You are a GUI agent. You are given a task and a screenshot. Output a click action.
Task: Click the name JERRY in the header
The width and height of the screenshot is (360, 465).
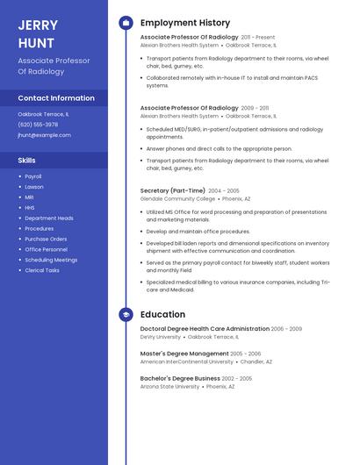point(38,25)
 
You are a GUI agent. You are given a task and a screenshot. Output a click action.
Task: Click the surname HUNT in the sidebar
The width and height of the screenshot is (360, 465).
point(36,43)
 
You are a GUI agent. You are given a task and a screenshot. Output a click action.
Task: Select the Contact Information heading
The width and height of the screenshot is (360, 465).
point(56,98)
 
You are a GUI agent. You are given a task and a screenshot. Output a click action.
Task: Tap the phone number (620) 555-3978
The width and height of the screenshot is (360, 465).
point(38,125)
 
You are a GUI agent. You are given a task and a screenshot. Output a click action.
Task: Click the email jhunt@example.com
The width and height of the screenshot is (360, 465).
point(44,135)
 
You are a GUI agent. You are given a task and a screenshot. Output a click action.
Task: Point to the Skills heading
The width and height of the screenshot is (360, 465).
point(27,161)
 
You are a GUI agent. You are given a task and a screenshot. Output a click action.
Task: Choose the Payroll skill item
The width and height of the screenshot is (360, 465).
point(33,176)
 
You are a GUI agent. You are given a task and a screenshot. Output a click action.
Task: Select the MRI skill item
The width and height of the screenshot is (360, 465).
point(30,197)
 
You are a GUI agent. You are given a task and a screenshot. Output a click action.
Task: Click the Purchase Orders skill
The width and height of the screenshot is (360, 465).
point(46,239)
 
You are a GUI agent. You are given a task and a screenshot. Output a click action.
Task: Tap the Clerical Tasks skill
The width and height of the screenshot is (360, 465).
point(42,270)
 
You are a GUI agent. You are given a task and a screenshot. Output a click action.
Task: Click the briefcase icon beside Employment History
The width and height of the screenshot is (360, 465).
point(126,23)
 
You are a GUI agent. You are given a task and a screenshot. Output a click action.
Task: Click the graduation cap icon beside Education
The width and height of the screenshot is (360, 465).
point(126,314)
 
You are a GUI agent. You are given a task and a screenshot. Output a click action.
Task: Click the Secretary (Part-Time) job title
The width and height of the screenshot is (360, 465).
point(172,190)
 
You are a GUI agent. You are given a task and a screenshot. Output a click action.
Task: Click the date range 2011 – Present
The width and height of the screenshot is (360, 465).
point(258,38)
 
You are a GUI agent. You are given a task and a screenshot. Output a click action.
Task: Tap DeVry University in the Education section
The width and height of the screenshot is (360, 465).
point(160,337)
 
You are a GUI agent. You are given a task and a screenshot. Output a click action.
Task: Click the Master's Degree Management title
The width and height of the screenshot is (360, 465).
point(184,354)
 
